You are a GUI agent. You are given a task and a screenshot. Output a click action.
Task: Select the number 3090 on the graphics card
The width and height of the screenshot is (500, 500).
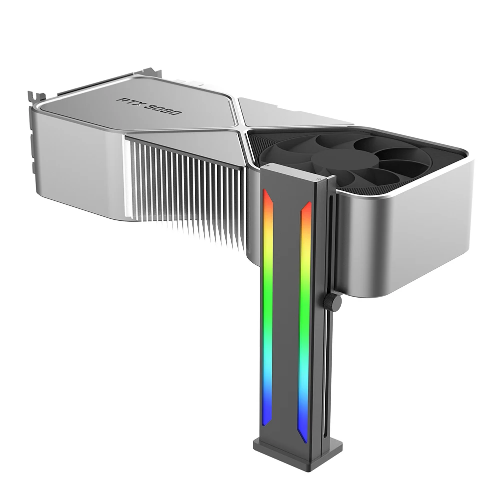[x=164, y=109]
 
